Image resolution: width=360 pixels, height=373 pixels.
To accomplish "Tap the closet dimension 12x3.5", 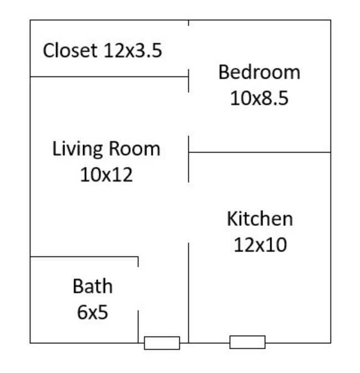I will [133, 51].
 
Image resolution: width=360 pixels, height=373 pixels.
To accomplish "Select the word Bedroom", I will [259, 72].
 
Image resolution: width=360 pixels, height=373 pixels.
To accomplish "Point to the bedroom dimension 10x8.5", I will [259, 99].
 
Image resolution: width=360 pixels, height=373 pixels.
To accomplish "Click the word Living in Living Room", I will [78, 149].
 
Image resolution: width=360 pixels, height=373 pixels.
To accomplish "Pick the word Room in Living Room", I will [134, 149].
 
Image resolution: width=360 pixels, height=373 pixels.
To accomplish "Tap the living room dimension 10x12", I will [106, 175].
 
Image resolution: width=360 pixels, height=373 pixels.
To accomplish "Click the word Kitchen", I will [259, 219].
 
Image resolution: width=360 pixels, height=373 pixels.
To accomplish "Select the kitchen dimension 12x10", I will [260, 245].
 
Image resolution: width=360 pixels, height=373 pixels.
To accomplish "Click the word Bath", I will [92, 287].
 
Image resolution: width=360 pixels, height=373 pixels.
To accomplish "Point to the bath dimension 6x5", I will [92, 313].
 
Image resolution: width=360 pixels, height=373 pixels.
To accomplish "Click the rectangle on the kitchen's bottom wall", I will [247, 342].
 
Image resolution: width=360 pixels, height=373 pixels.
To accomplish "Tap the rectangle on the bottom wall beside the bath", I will [162, 343].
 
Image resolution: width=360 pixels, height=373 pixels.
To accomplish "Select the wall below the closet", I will [109, 77].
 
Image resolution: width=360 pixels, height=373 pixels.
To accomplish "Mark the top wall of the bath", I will [84, 257].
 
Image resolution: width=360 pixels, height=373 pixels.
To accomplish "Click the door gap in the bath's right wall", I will [138, 288].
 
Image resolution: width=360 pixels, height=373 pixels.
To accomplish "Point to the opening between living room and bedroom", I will [189, 113].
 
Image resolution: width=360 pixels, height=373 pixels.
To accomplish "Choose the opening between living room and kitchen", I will [189, 212].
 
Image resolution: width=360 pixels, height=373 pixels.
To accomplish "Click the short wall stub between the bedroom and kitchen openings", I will [189, 159].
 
